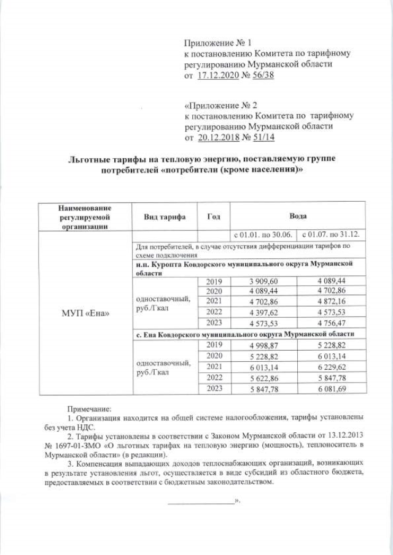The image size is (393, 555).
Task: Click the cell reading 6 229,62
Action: pos(332,366)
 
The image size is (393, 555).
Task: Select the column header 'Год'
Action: pos(214,217)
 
